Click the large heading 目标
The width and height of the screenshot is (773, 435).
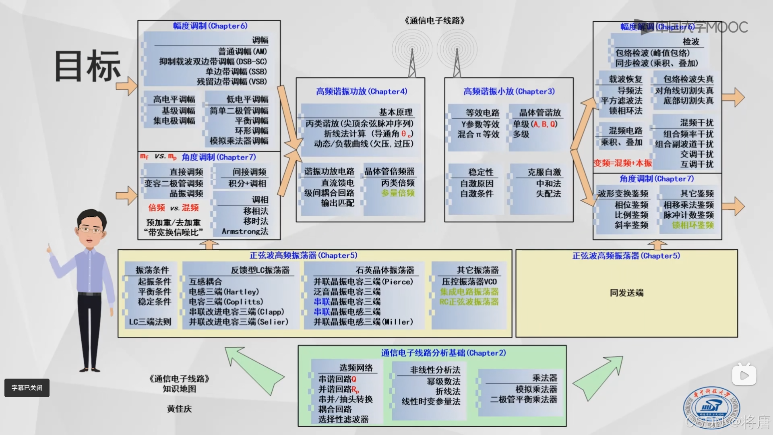(x=87, y=66)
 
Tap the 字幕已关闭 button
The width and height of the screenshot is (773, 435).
(x=27, y=388)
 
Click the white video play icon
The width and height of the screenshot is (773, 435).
(x=744, y=375)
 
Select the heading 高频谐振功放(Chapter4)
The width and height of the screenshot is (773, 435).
(x=361, y=91)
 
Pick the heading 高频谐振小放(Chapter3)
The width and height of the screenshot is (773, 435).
(x=509, y=91)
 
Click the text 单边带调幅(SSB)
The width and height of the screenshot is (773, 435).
(x=236, y=72)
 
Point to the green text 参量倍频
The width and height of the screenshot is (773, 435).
(x=398, y=193)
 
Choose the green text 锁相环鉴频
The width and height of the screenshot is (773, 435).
(x=692, y=225)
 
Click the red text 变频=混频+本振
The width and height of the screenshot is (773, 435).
(x=622, y=163)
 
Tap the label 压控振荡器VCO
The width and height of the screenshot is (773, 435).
(x=469, y=282)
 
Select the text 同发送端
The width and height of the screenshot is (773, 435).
(x=626, y=293)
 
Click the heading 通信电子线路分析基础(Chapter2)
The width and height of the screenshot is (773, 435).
(x=443, y=353)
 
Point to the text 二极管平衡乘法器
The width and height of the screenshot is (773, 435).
(x=523, y=400)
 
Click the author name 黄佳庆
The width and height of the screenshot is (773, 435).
(x=180, y=409)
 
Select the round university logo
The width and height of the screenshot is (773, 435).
(x=711, y=407)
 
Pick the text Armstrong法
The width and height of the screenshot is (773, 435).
(x=245, y=232)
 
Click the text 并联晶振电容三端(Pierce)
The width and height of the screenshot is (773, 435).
(x=363, y=282)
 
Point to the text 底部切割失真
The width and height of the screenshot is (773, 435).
(x=688, y=101)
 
